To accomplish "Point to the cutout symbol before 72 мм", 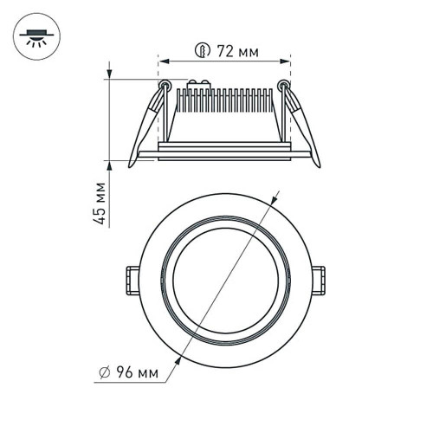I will (203, 52).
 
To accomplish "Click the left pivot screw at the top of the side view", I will (165, 85).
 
